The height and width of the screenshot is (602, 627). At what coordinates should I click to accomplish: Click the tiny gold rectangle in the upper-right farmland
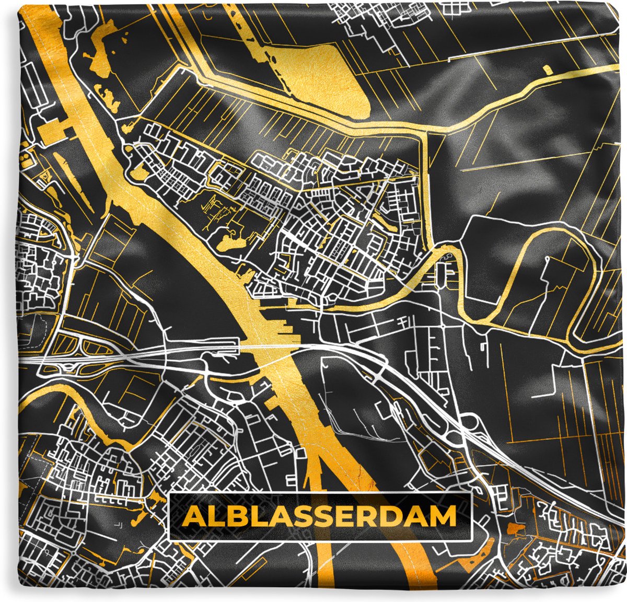(547, 69)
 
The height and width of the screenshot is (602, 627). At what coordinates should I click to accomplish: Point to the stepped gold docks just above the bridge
(285, 327)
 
